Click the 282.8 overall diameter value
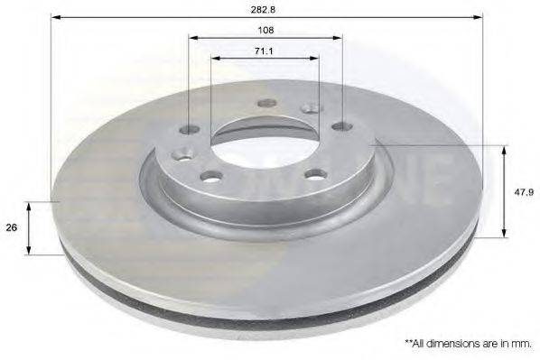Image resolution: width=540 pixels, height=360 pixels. tap(267, 9)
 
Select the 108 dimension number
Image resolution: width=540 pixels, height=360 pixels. tap(265, 31)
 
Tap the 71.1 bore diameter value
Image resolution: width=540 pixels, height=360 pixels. tap(264, 51)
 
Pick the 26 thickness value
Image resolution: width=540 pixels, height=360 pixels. tap(12, 227)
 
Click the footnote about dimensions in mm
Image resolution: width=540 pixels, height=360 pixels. tap(469, 343)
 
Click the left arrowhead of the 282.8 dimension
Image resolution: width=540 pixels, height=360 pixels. tap(56, 16)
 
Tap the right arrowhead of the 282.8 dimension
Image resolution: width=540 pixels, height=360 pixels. tap(478, 16)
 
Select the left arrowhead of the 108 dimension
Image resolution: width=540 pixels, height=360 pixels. tap(194, 38)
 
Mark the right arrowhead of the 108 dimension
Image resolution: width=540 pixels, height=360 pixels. tap(337, 38)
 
